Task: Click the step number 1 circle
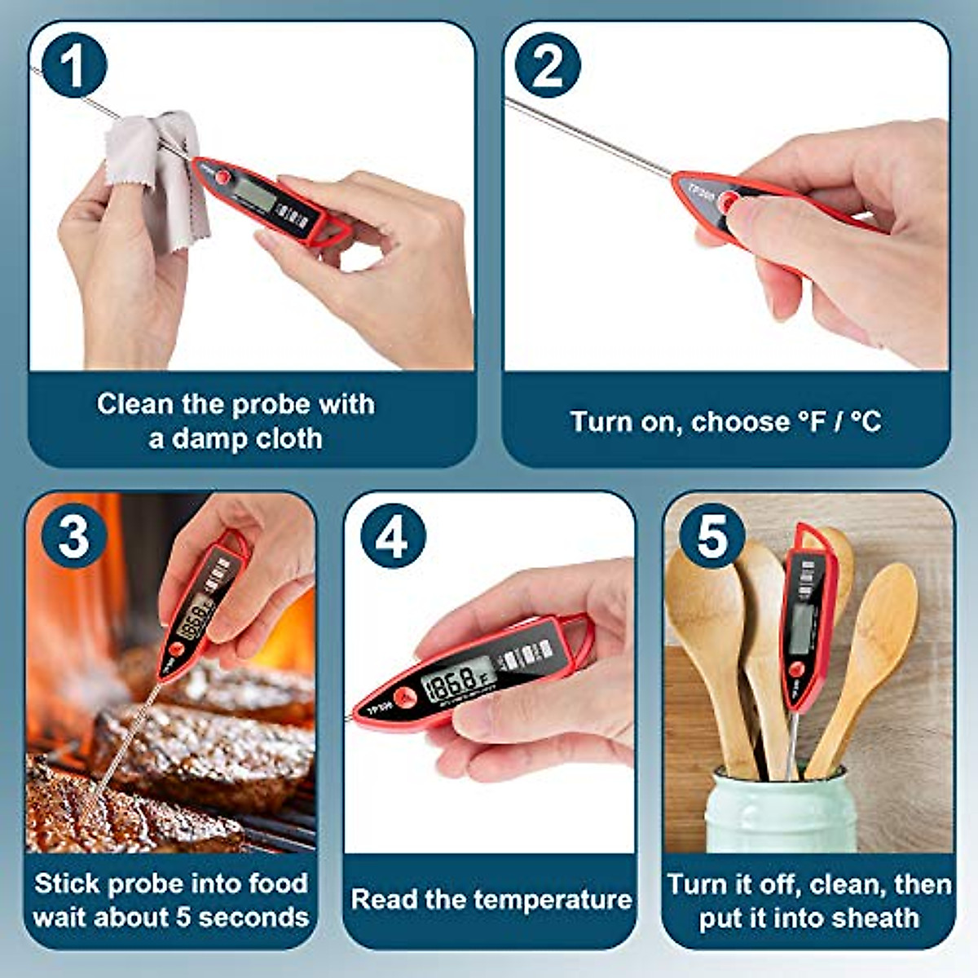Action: coord(73,65)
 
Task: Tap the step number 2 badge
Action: coord(547,65)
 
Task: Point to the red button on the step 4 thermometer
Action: coord(405,698)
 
